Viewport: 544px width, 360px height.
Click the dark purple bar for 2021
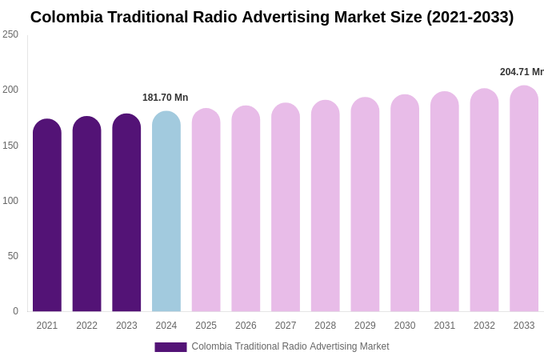click(47, 216)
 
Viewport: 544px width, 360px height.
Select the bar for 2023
click(126, 213)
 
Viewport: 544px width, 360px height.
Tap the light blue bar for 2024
click(166, 212)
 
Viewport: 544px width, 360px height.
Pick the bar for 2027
click(286, 208)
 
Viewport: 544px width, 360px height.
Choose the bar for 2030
click(405, 204)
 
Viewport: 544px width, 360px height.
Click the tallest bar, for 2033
click(524, 199)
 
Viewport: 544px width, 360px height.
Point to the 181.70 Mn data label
click(166, 98)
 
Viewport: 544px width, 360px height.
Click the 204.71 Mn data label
click(522, 72)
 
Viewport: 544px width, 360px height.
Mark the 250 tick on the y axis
click(10, 34)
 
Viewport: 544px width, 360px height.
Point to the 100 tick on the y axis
click(10, 201)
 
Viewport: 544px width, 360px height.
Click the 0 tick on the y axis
click(15, 311)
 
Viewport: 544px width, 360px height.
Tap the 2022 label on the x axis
click(86, 326)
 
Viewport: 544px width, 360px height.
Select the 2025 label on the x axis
click(206, 326)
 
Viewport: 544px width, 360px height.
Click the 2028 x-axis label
click(325, 326)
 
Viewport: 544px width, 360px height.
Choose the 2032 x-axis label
click(484, 326)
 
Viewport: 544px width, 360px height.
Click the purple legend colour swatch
click(170, 347)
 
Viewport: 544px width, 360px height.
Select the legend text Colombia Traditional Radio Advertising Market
click(290, 346)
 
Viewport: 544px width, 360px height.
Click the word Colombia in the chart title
click(66, 17)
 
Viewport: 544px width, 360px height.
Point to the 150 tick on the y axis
click(10, 146)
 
